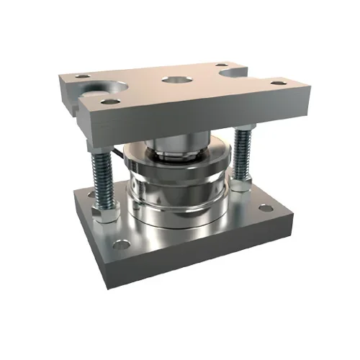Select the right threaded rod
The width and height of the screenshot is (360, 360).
tap(242, 163)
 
